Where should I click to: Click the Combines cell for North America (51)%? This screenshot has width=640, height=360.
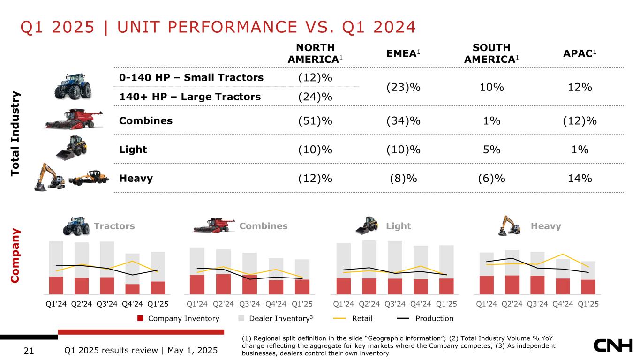pos(315,120)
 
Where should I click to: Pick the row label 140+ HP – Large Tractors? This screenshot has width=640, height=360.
pos(190,97)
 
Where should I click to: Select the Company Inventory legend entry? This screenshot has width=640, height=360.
pos(178,319)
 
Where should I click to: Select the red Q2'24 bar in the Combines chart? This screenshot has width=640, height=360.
pos(223,283)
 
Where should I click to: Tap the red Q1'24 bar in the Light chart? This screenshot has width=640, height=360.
pos(344,285)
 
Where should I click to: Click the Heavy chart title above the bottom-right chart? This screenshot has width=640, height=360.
pos(546,226)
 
